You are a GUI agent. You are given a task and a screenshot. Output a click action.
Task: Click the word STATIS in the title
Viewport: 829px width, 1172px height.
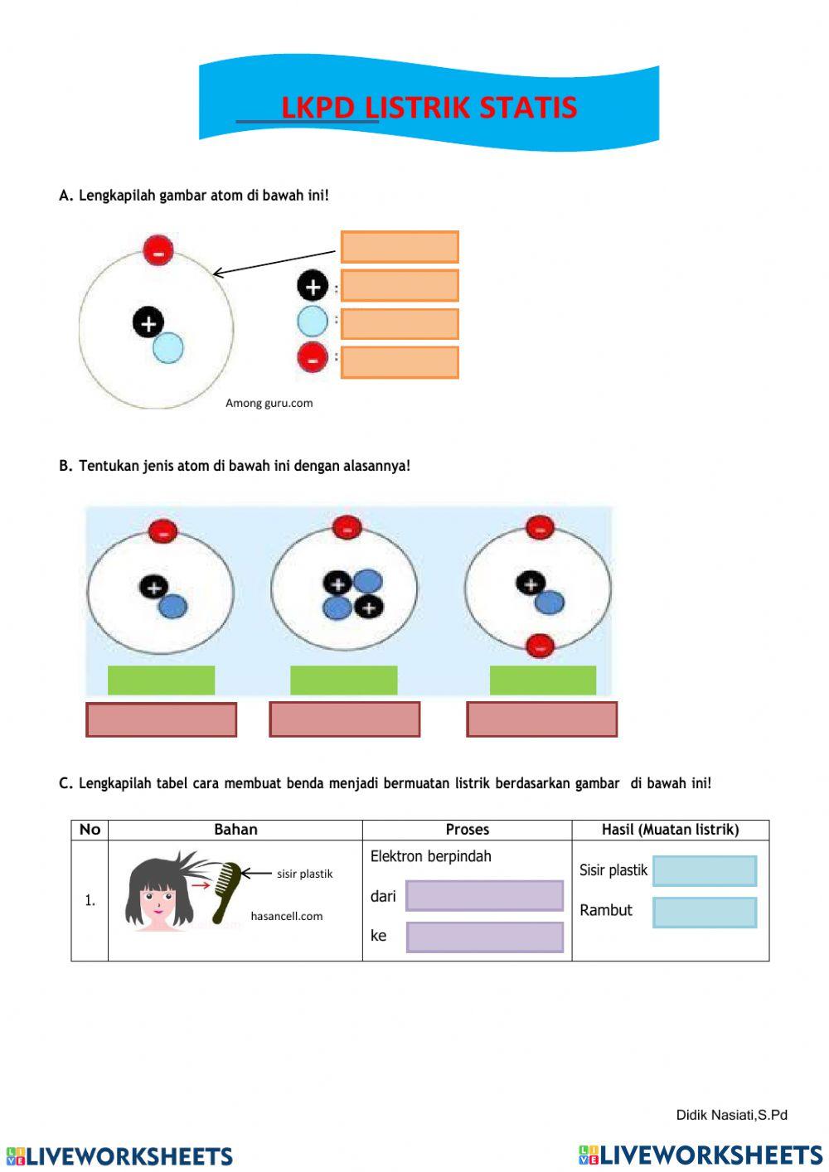point(527,108)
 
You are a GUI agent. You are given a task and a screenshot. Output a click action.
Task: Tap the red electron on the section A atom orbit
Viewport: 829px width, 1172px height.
point(158,249)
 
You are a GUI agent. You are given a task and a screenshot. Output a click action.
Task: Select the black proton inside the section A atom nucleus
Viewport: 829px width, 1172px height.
point(148,322)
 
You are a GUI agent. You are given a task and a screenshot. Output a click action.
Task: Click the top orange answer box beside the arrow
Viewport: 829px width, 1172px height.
point(400,247)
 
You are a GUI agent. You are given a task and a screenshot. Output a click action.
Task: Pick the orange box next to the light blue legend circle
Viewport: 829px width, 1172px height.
point(400,324)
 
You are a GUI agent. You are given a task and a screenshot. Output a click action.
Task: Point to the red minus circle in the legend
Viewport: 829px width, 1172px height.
point(313,358)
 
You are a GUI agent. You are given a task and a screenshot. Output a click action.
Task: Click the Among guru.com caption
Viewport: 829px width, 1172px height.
point(269,404)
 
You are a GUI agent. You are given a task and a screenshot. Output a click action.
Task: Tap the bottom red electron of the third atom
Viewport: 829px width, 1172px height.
point(540,645)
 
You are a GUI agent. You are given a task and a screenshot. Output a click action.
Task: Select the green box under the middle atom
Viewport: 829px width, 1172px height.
point(343,680)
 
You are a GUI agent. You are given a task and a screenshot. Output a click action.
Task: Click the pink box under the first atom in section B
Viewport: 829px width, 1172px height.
point(162,719)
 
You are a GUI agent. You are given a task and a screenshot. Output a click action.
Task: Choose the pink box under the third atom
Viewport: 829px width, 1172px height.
point(542,719)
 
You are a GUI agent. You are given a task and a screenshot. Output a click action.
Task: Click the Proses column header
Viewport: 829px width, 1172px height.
point(467,830)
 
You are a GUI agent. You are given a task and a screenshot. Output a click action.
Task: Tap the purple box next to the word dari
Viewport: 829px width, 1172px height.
point(484,896)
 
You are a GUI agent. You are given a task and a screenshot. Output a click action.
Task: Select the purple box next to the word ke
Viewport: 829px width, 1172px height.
point(484,937)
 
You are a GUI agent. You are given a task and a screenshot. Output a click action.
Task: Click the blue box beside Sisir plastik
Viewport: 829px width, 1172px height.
point(705,871)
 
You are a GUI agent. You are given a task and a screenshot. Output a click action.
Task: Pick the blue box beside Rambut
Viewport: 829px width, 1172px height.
point(705,912)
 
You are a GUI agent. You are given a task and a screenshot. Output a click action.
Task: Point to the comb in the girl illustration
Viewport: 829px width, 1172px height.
point(225,891)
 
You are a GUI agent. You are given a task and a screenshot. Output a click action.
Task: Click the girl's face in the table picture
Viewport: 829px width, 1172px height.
point(156,903)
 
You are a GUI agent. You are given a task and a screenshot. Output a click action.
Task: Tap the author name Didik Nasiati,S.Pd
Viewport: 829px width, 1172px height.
point(731,1115)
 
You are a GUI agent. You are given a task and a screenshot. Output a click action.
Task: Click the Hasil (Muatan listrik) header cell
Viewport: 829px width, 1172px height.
point(670,830)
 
